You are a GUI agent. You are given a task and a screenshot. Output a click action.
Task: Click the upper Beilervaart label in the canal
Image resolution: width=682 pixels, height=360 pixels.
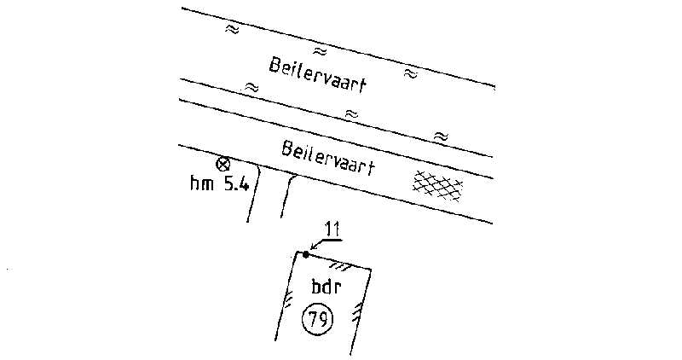click(x=317, y=76)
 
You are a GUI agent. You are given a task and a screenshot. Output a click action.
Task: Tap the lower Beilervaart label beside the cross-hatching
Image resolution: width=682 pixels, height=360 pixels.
click(x=328, y=157)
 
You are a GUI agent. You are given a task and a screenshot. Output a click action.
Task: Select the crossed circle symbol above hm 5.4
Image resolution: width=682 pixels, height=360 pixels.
click(x=223, y=164)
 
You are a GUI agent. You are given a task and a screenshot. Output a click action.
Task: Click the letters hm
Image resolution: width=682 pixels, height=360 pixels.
click(x=202, y=183)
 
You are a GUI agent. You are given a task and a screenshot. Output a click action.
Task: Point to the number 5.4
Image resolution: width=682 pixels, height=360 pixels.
click(x=236, y=184)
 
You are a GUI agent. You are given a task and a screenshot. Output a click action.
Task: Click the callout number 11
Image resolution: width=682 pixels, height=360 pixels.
click(x=333, y=230)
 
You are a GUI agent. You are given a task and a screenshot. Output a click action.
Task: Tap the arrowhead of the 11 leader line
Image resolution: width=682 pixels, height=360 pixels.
click(x=312, y=249)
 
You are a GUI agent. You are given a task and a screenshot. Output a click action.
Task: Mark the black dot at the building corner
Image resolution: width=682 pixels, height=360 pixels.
click(x=306, y=255)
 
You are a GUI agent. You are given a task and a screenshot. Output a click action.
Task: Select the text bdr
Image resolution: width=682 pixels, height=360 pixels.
click(x=327, y=287)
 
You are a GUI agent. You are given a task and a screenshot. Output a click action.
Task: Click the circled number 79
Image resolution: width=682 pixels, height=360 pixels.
click(x=317, y=320)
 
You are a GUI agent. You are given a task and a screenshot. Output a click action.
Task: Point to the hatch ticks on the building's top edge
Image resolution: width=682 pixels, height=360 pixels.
click(x=340, y=266)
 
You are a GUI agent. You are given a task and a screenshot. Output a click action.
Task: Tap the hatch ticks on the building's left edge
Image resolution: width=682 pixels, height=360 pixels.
click(x=288, y=300)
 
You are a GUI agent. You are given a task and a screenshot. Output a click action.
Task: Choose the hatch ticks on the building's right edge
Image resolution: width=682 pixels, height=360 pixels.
click(x=356, y=312)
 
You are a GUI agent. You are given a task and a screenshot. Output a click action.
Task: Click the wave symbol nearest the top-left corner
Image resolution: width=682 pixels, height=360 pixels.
click(x=232, y=29)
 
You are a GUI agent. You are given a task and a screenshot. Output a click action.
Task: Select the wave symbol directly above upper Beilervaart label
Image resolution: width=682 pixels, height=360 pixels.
click(x=320, y=51)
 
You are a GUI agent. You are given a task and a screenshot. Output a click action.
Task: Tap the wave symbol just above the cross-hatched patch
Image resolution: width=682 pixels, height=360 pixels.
click(x=441, y=136)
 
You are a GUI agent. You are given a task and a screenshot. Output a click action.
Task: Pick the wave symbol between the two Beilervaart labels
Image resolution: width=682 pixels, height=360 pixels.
click(x=351, y=114)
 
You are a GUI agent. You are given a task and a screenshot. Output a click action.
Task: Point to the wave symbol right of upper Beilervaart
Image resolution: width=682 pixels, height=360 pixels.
click(x=410, y=73)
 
